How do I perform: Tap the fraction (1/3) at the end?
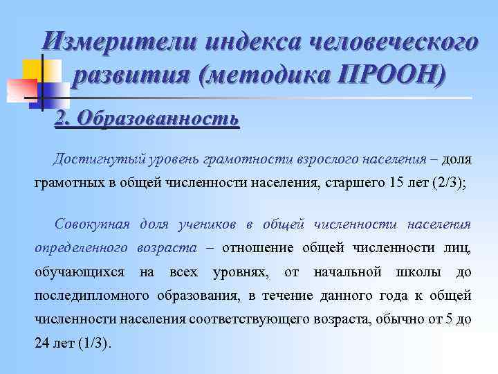[x=92, y=344]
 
